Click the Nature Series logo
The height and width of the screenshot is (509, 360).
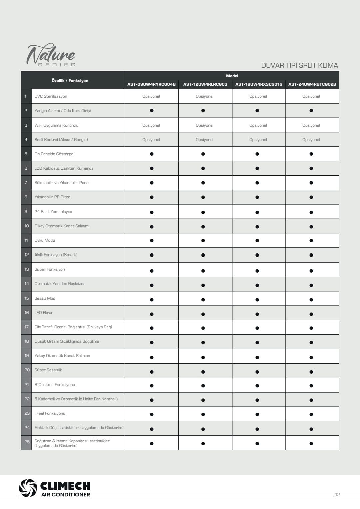click(x=51, y=55)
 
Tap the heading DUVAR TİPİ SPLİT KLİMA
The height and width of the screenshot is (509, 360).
click(x=299, y=65)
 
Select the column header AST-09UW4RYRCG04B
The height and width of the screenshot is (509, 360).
click(x=151, y=84)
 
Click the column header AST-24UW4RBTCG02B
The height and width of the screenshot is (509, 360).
click(x=312, y=84)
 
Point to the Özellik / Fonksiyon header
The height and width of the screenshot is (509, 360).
click(x=70, y=81)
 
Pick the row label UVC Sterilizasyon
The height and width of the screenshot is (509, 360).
click(x=51, y=96)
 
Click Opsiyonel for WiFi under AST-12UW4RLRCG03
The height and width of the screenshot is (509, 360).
click(x=204, y=125)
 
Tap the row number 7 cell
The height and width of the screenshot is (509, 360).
click(x=26, y=183)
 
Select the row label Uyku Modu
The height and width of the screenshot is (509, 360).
click(x=45, y=240)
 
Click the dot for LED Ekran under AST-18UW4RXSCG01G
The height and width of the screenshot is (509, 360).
click(x=257, y=314)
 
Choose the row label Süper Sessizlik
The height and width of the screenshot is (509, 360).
click(x=48, y=370)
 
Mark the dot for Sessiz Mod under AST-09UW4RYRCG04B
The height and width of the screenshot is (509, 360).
click(x=152, y=300)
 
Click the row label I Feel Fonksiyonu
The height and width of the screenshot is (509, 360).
click(x=50, y=413)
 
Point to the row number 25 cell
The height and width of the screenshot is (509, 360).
click(x=27, y=442)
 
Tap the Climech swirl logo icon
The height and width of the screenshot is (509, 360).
click(x=28, y=488)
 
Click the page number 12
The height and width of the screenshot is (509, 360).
click(x=337, y=495)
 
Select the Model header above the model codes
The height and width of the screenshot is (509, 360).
click(x=232, y=76)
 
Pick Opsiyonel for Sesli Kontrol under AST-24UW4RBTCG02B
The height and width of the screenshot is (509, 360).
click(x=311, y=140)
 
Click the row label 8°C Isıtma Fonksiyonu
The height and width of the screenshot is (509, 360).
click(x=55, y=385)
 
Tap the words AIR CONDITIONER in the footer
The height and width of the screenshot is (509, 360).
click(x=66, y=495)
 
